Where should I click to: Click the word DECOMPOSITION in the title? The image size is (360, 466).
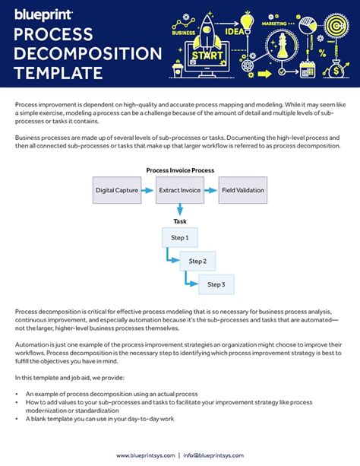[x=88, y=54]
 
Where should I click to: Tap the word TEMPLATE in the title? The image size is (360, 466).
[x=58, y=73]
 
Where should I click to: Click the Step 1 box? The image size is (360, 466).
[x=180, y=238]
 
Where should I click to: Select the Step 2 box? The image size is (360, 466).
[x=197, y=262]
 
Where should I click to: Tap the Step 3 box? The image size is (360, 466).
[x=216, y=285]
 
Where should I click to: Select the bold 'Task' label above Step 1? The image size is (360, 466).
[x=180, y=222]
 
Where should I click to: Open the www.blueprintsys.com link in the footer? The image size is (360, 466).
[x=145, y=455]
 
